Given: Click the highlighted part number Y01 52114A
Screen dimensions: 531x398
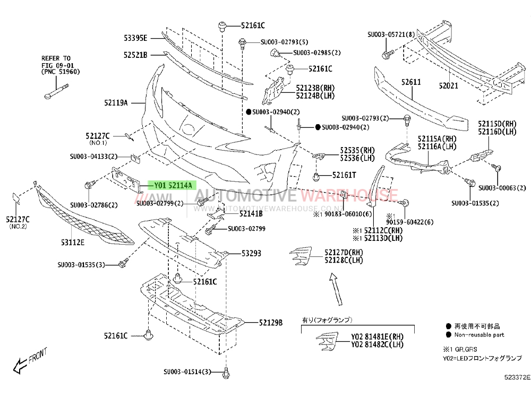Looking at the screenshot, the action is [x=173, y=185].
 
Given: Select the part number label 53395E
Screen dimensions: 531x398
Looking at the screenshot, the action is [x=135, y=38].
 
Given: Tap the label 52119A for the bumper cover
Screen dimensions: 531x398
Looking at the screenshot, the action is [x=116, y=102].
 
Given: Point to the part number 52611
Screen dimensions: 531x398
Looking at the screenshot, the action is [x=411, y=82].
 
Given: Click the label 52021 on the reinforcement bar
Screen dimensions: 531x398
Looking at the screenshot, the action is [x=448, y=85].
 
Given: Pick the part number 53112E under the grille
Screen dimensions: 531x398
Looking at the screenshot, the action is [x=73, y=243].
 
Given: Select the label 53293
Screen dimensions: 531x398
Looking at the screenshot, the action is [x=251, y=253].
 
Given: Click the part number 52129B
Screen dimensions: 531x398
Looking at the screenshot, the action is [x=271, y=323].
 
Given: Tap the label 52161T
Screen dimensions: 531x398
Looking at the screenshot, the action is [x=344, y=175].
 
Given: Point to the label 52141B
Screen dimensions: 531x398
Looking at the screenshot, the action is [x=251, y=213].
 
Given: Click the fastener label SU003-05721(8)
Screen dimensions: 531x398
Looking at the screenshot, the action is [x=391, y=34].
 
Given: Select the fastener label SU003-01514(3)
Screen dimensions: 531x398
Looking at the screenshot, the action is [x=187, y=371].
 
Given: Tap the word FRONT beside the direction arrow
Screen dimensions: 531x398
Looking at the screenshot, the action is [x=38, y=356].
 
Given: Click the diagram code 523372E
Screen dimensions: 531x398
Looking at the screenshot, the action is [x=517, y=377].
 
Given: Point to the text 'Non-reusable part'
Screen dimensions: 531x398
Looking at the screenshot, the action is [x=479, y=335].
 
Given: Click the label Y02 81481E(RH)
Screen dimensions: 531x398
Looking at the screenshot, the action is [x=377, y=337].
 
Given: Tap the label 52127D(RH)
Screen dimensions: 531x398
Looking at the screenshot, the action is [x=344, y=253].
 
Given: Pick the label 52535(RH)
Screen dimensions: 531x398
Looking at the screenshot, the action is [x=357, y=150].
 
